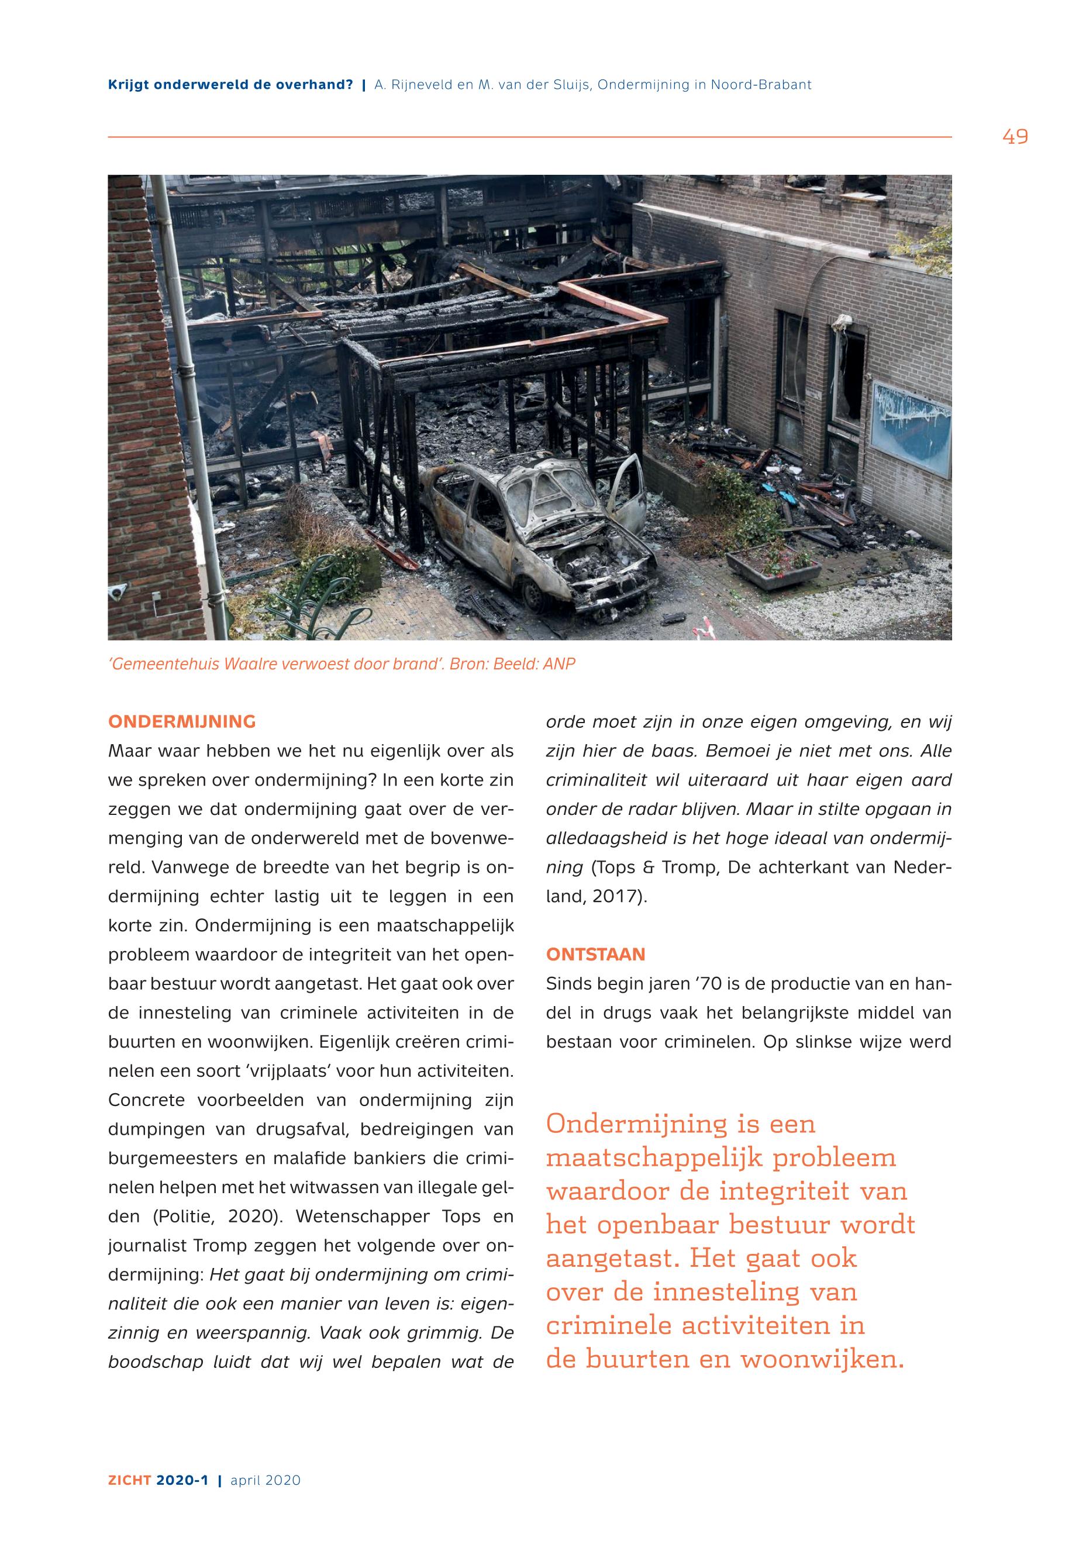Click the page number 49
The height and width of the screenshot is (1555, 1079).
click(1015, 137)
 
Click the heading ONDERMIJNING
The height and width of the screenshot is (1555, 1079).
click(182, 722)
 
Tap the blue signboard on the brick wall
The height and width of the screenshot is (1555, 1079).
click(911, 426)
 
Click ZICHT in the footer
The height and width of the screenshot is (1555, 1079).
click(129, 1480)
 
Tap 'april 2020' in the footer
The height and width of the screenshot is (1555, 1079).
click(266, 1480)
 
